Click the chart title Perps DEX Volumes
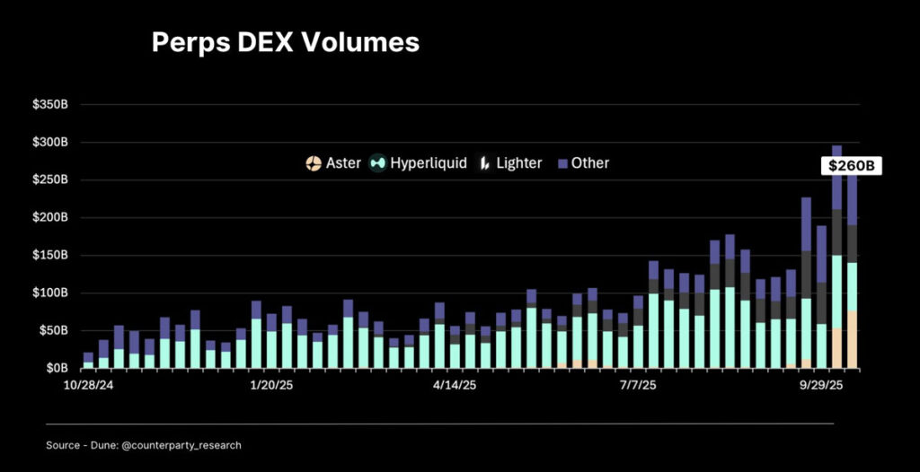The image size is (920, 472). (285, 42)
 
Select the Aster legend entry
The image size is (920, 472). (333, 163)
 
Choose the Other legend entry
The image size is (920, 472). (583, 163)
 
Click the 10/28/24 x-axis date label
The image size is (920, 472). (88, 385)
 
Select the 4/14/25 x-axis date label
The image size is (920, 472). (455, 385)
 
